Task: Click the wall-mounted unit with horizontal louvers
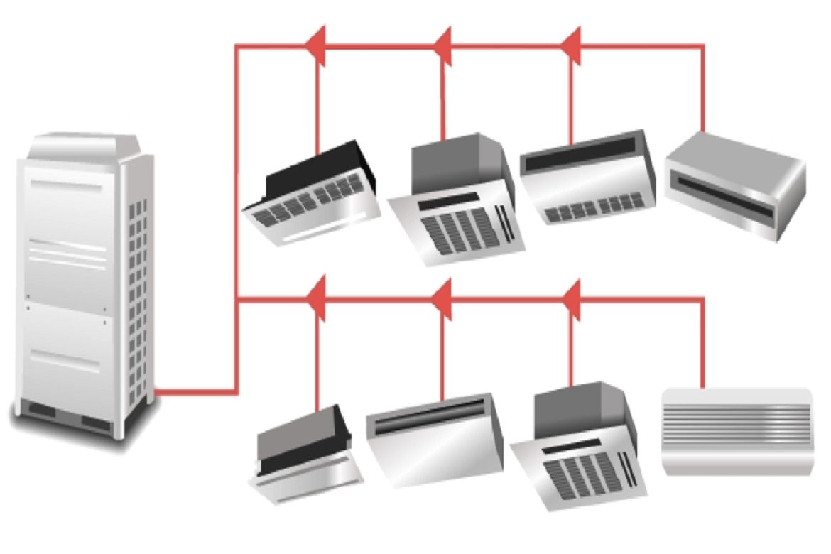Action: (736, 430)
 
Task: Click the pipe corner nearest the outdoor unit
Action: (236, 391)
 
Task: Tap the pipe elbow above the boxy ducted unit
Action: (703, 47)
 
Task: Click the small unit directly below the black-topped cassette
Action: (305, 451)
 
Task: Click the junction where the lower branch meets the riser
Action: (237, 300)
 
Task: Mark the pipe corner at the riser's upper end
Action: (237, 47)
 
